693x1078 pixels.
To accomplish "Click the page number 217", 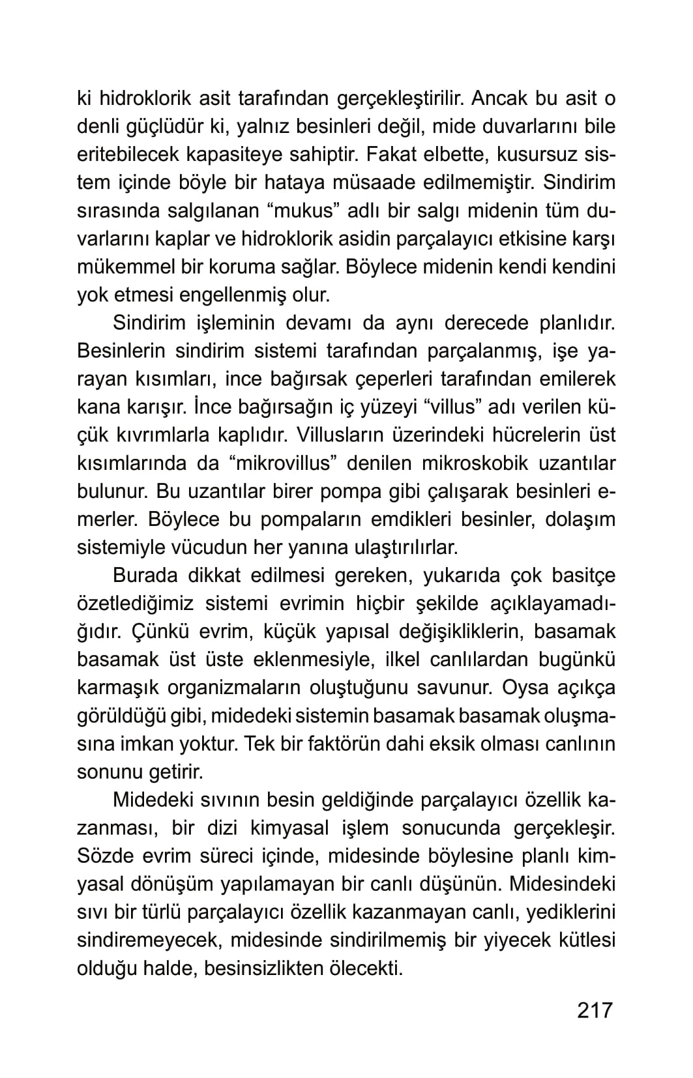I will (x=595, y=1010).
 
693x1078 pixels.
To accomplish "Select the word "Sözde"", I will (x=108, y=856).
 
